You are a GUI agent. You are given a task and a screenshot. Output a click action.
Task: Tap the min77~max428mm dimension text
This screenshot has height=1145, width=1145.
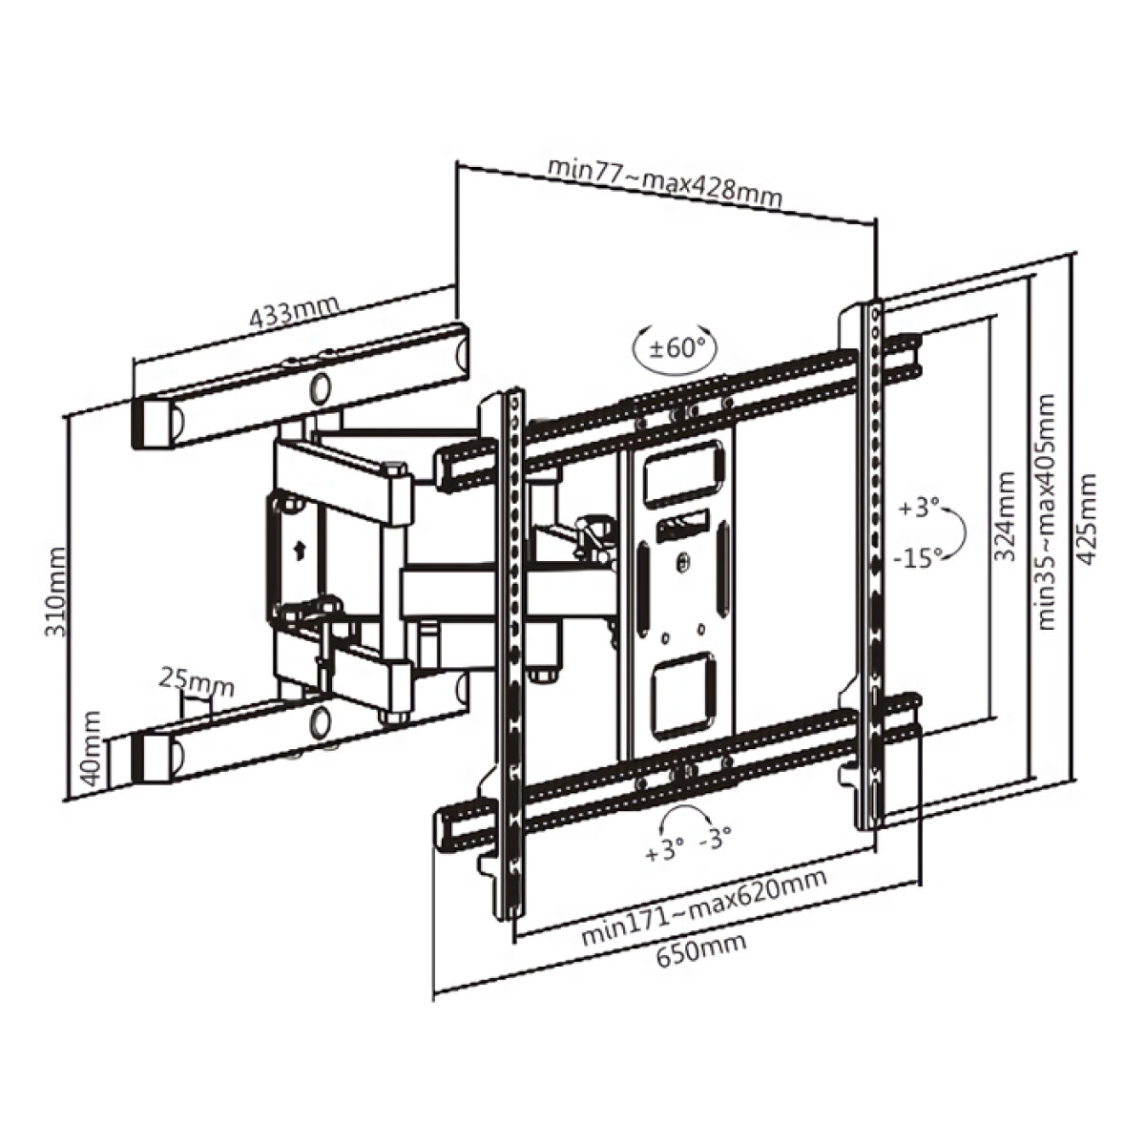(664, 180)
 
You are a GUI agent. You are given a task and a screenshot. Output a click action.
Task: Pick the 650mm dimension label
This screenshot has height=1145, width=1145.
(701, 948)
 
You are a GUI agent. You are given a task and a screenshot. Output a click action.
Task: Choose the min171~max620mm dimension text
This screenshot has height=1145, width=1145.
(704, 907)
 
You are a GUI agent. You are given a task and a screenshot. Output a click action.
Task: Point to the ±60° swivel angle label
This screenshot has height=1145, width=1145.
(676, 347)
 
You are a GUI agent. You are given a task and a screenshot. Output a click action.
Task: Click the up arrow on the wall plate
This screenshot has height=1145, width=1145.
(300, 549)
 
